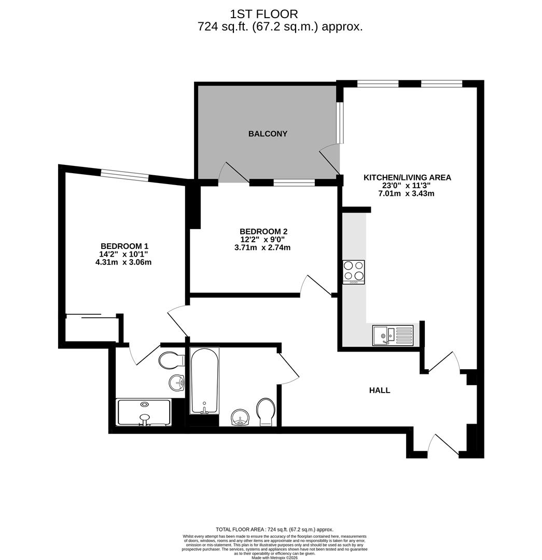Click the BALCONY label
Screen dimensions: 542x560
coord(268,134)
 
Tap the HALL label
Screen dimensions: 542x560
coord(380,390)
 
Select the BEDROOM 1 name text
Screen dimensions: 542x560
coord(124,246)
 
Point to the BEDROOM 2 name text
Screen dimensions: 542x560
coord(263,231)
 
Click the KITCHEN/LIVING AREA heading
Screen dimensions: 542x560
coord(407,177)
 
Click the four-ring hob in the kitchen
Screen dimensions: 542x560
coord(354,272)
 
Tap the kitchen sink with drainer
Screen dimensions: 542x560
coord(393,335)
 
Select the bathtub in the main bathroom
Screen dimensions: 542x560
coord(204,381)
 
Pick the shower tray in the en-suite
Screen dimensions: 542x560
coord(144,413)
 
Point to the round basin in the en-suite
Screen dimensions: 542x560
coord(176,383)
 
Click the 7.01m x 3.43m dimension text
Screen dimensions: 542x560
coord(406,193)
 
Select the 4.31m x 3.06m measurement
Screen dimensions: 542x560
coord(123,262)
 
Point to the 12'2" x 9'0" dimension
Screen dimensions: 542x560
coord(262,239)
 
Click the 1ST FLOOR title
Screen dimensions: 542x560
coord(263,14)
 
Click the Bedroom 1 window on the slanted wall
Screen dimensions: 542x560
coord(124,175)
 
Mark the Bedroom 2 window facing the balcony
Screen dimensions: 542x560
coord(294,183)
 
